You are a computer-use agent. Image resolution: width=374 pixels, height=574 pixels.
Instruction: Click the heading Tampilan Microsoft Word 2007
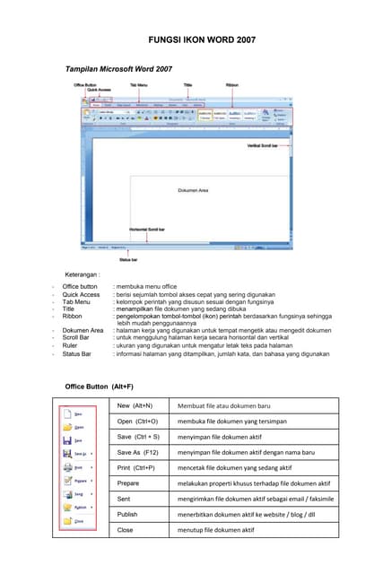click(x=118, y=69)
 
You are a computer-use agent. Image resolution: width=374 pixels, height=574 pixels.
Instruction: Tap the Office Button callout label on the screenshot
click(x=86, y=84)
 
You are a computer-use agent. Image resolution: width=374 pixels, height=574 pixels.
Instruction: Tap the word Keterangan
click(x=87, y=274)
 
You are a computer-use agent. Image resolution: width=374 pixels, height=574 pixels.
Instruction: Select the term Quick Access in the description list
click(x=81, y=294)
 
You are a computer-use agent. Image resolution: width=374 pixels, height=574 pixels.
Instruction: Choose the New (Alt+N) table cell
click(x=135, y=406)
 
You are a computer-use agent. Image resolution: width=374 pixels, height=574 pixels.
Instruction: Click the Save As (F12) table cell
click(x=138, y=452)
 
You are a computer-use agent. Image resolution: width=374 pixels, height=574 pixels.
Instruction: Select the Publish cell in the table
click(x=128, y=514)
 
